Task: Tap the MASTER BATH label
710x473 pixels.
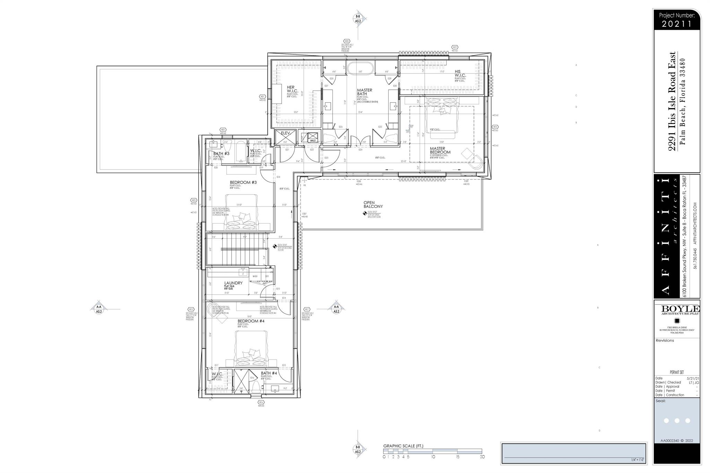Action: click(x=364, y=92)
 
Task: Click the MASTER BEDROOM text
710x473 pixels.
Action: click(x=440, y=150)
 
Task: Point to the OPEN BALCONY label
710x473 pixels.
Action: click(x=373, y=204)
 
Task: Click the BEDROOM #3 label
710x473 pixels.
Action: click(x=243, y=183)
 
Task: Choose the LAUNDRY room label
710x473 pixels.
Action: click(x=233, y=283)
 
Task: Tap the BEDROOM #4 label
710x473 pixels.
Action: click(x=251, y=321)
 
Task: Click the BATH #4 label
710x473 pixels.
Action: click(x=269, y=374)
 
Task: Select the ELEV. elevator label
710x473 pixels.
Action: click(x=285, y=133)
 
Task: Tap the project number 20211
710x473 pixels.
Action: click(x=677, y=24)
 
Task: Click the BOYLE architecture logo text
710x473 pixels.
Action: click(x=680, y=309)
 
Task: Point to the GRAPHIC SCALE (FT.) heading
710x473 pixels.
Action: click(x=403, y=446)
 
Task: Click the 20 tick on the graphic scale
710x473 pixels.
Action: click(x=482, y=457)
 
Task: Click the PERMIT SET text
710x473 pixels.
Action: click(x=677, y=372)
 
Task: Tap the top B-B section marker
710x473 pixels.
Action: click(x=358, y=19)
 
